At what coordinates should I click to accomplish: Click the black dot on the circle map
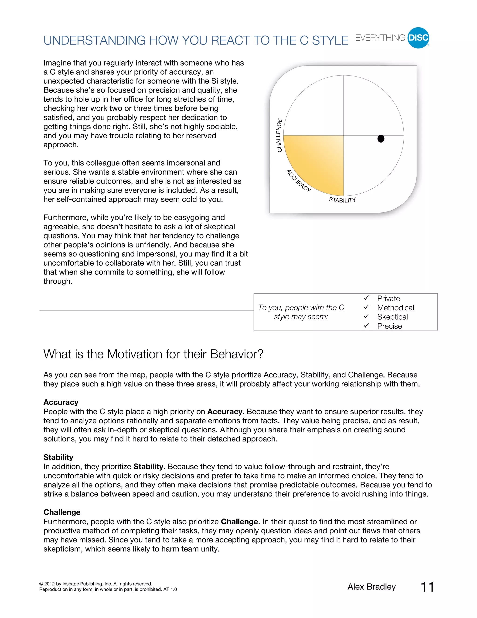(x=381, y=139)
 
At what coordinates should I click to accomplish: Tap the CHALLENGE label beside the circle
(x=279, y=135)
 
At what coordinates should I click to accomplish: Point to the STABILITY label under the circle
(x=342, y=200)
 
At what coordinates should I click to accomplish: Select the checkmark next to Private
(x=367, y=298)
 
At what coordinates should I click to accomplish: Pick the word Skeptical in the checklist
(x=392, y=317)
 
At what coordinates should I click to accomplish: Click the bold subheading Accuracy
(x=61, y=402)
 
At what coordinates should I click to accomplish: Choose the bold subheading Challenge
(x=62, y=512)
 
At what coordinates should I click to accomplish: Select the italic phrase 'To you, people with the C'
(x=301, y=308)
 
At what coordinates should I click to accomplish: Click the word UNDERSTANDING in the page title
(x=94, y=41)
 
